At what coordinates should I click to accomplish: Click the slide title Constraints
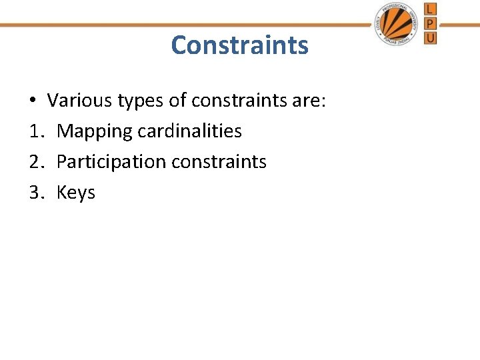click(239, 45)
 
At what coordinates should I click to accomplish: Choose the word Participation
click(111, 162)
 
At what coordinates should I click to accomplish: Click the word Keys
click(76, 193)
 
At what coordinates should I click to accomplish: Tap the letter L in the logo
click(430, 9)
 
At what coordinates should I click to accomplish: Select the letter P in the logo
click(430, 23)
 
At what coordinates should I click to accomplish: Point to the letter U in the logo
click(430, 38)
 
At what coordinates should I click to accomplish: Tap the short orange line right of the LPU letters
click(459, 25)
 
